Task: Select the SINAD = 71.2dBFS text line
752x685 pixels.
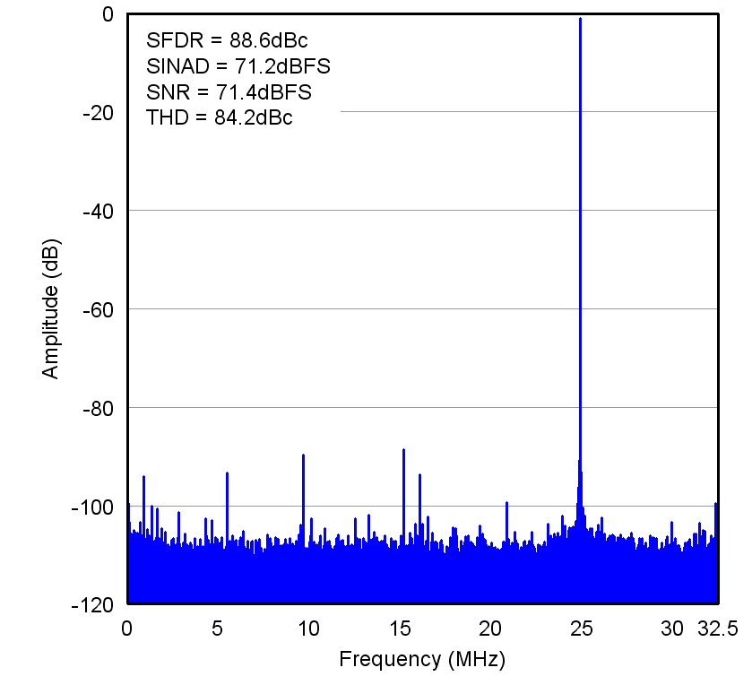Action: [238, 66]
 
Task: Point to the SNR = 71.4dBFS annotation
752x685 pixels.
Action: [229, 92]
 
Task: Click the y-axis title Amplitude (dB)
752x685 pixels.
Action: [51, 308]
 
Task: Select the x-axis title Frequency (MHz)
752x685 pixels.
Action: [422, 660]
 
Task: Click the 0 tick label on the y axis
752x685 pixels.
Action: [108, 14]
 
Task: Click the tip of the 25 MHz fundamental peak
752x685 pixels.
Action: [580, 18]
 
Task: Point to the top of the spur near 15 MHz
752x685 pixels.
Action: [403, 449]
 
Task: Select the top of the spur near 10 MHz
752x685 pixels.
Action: [303, 455]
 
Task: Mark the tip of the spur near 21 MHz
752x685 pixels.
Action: [506, 502]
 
